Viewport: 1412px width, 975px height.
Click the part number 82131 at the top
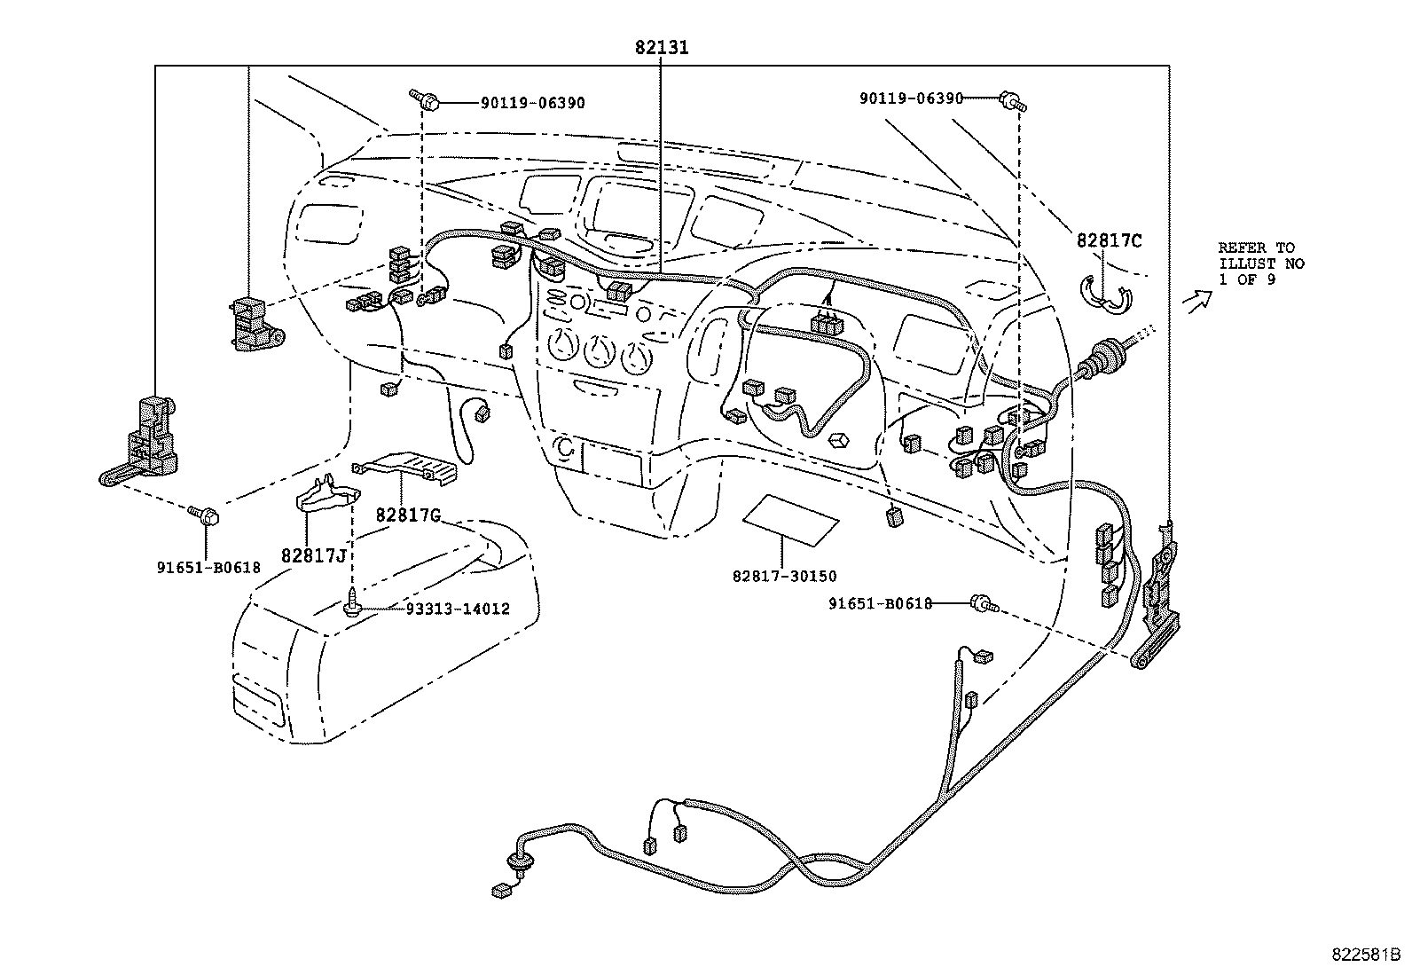pos(662,47)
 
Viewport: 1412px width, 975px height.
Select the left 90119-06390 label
pos(533,103)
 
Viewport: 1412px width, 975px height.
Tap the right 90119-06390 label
pos(912,98)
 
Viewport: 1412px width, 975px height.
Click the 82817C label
pos(1109,241)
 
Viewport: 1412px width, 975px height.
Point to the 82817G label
pos(409,515)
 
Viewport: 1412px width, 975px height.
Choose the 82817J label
pos(314,555)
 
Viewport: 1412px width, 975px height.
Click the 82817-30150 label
pos(784,577)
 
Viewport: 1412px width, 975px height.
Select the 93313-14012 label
pos(458,609)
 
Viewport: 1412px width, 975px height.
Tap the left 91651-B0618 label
pos(208,568)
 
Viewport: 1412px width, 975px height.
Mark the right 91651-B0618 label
pos(880,603)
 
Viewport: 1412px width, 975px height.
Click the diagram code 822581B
pos(1365,955)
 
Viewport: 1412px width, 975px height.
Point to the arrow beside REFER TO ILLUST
pos(1197,302)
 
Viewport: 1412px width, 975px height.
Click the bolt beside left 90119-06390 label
pos(424,99)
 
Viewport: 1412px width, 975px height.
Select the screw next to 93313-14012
pos(351,602)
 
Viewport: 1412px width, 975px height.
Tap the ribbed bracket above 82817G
pos(404,468)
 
